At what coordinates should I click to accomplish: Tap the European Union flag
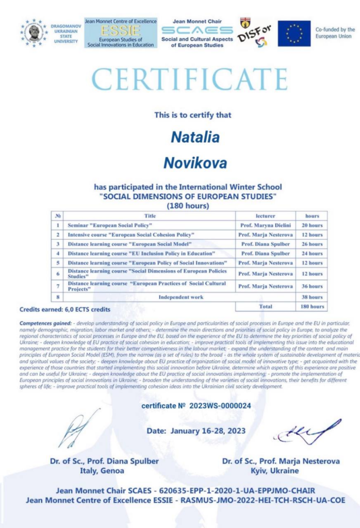[x=294, y=34]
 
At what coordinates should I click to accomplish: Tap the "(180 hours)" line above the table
[x=188, y=205]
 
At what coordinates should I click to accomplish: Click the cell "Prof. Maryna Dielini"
[x=265, y=225]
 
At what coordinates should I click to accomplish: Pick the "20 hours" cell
[x=312, y=225]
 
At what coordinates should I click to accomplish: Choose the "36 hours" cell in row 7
[x=312, y=286]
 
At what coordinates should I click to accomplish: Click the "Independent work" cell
[x=181, y=297]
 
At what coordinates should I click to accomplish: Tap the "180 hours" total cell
[x=312, y=306]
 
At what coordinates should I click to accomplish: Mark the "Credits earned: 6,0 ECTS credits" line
[x=64, y=310]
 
